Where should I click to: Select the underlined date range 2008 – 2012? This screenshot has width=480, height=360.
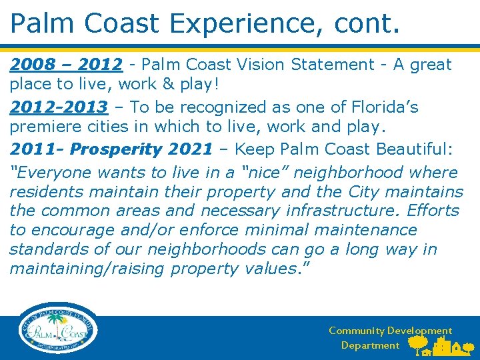66,65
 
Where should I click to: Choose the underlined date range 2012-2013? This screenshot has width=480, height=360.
58,107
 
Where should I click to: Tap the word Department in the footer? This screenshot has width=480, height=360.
370,345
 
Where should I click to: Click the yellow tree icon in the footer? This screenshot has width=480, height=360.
419,343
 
